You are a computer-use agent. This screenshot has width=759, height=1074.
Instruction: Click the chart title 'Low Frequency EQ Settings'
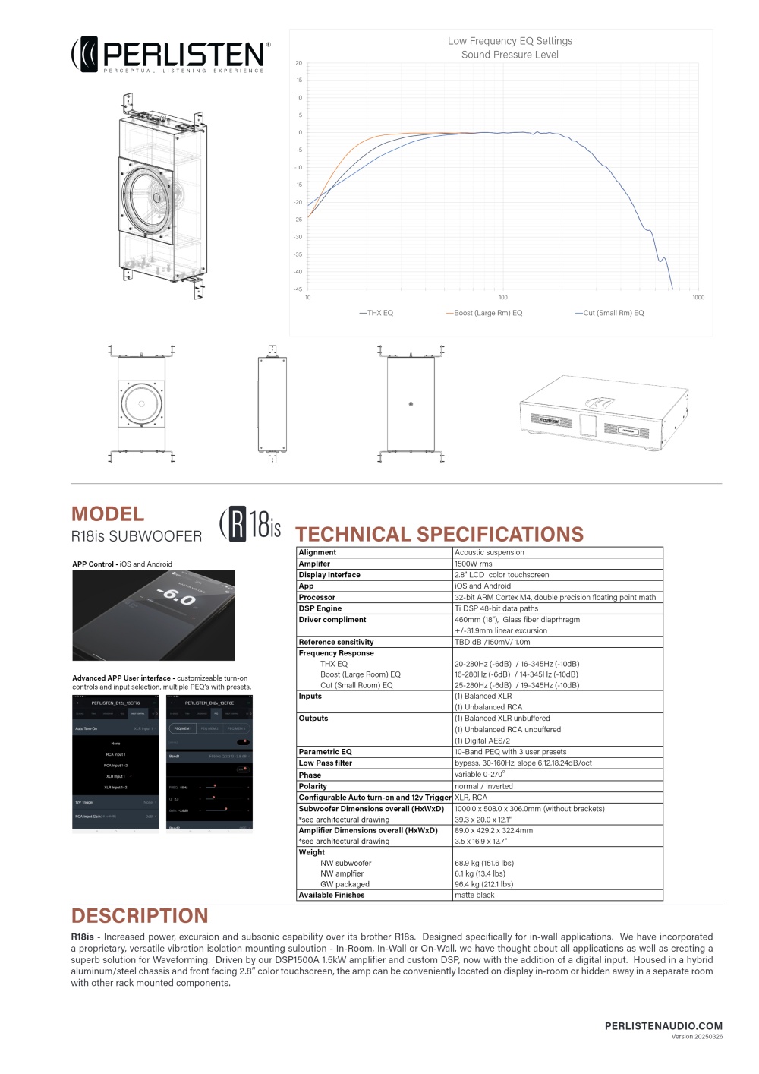point(510,41)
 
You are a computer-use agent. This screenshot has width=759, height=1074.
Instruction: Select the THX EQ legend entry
point(377,313)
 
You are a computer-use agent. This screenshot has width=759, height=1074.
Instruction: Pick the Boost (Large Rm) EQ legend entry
point(485,313)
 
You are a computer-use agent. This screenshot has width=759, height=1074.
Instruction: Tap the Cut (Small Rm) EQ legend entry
point(610,313)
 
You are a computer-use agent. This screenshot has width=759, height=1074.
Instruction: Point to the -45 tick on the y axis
point(298,289)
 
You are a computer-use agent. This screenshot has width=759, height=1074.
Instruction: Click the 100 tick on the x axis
point(503,298)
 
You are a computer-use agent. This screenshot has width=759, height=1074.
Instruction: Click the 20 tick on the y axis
point(299,63)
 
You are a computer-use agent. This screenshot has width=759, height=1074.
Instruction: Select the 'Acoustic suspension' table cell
point(490,552)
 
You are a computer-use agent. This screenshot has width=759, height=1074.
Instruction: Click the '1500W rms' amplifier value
point(474,564)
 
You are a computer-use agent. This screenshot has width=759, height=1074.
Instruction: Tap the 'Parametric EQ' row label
point(325,752)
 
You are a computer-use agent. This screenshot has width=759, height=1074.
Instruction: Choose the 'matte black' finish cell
point(474,895)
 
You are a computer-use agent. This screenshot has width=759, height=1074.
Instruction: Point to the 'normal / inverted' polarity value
point(483,786)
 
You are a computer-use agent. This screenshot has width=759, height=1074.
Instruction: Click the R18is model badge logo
point(250,524)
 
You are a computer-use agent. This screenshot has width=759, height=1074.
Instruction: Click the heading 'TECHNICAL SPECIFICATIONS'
point(439,534)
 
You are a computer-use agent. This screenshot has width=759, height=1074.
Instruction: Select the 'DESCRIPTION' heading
point(140,916)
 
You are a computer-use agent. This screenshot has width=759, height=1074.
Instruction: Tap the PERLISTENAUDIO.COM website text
point(663,1026)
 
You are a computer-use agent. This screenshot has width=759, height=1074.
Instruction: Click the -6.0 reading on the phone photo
point(175,597)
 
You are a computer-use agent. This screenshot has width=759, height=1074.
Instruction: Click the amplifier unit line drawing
point(604,415)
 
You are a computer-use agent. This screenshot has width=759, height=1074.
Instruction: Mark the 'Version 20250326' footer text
point(697,1037)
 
